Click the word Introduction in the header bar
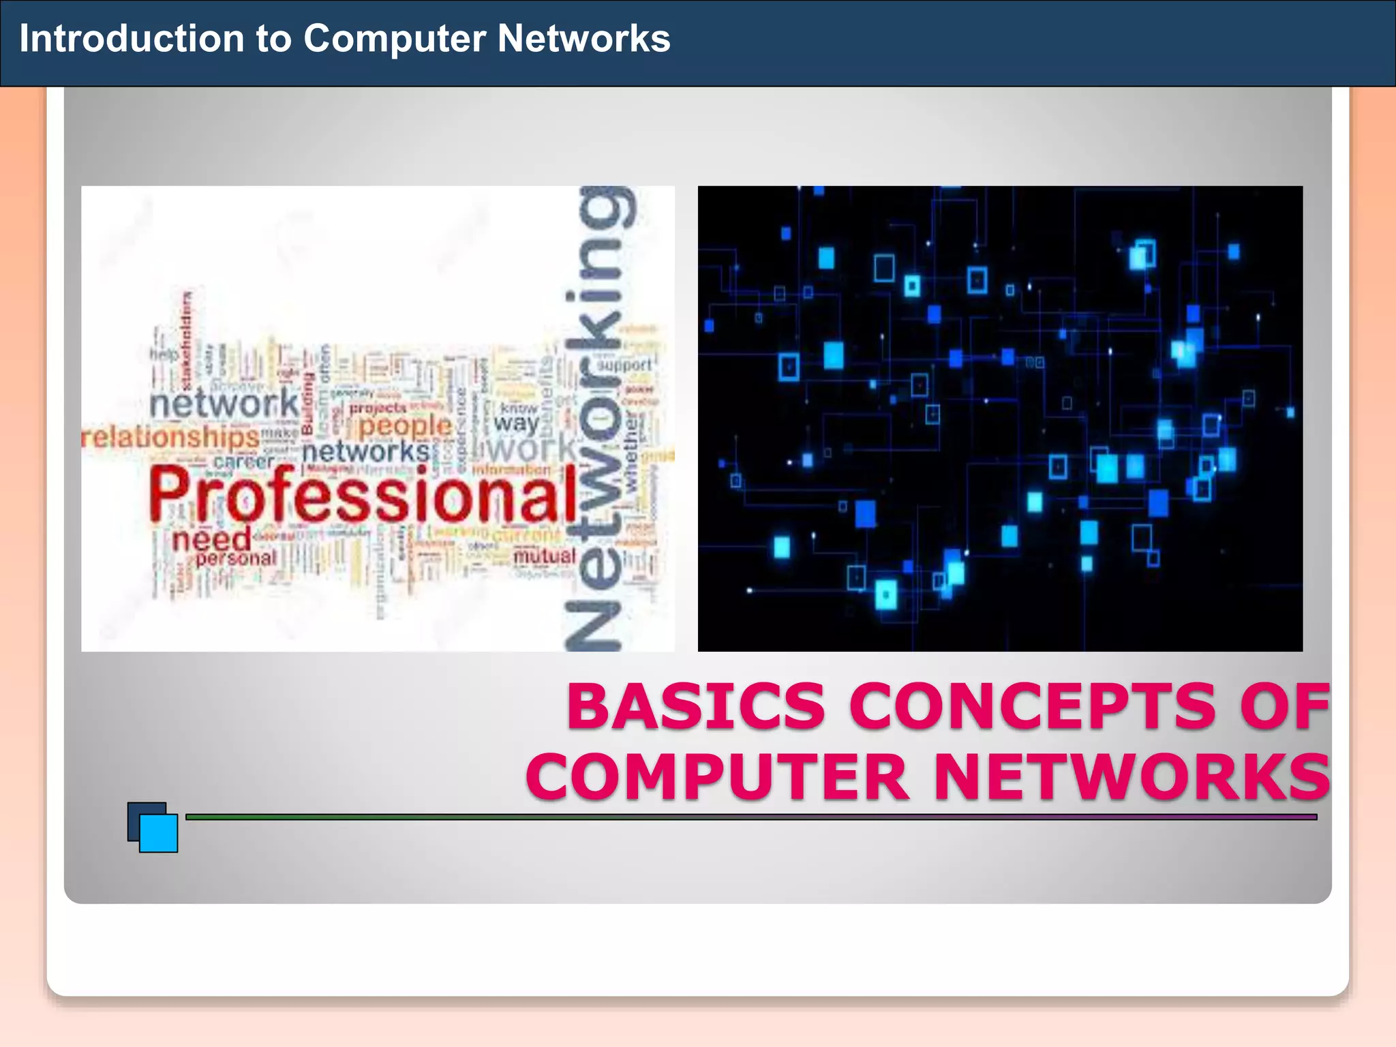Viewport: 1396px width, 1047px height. (131, 39)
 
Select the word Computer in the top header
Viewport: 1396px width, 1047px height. (395, 39)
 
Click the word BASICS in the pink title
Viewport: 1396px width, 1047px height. (695, 706)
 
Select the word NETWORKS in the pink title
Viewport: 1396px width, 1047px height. (1132, 777)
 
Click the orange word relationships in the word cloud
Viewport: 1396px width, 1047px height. (170, 437)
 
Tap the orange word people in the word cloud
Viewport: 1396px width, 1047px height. (405, 427)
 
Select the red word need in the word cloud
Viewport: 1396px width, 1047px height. (211, 540)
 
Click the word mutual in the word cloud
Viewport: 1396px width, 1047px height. (544, 556)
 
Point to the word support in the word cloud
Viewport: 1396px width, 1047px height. (624, 365)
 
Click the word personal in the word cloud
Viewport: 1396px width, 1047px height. (236, 558)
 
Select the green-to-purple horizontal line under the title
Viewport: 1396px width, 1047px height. (750, 817)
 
